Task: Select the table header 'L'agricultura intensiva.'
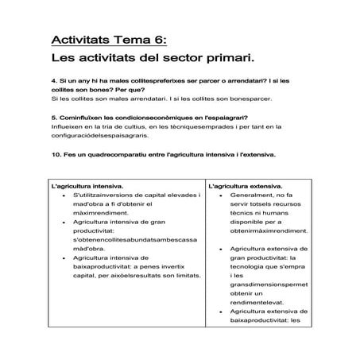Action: pos(87,186)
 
